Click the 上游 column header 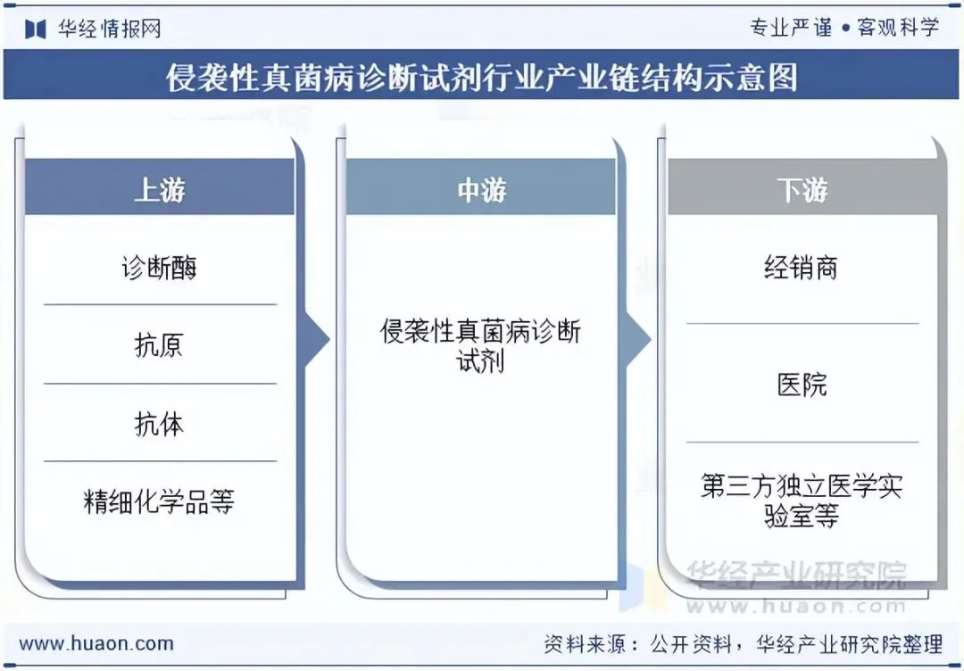[160, 189]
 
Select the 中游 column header [481, 189]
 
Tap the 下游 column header [802, 189]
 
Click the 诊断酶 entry [160, 267]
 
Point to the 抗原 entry [160, 345]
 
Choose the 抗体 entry [160, 424]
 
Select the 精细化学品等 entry [160, 501]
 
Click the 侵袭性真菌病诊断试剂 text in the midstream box [481, 345]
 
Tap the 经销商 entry [802, 267]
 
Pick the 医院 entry [802, 385]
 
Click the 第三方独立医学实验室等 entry [802, 501]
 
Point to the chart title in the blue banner [481, 78]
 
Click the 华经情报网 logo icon [35, 29]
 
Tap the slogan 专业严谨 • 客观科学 [844, 28]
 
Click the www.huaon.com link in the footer [96, 643]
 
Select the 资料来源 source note [743, 643]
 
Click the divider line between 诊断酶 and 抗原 [160, 305]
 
